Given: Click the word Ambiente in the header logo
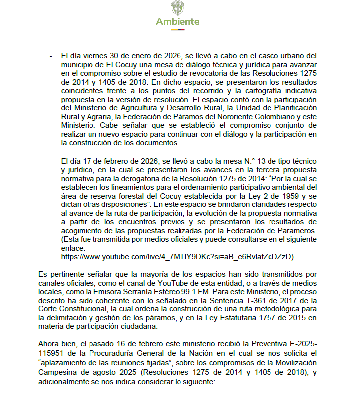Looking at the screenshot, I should point(178,22).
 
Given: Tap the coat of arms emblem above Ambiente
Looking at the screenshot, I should point(178,8).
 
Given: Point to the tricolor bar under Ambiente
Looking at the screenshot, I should point(178,30).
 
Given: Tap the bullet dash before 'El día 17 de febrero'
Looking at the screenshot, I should point(51,161).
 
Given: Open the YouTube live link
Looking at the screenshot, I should point(178,257).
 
